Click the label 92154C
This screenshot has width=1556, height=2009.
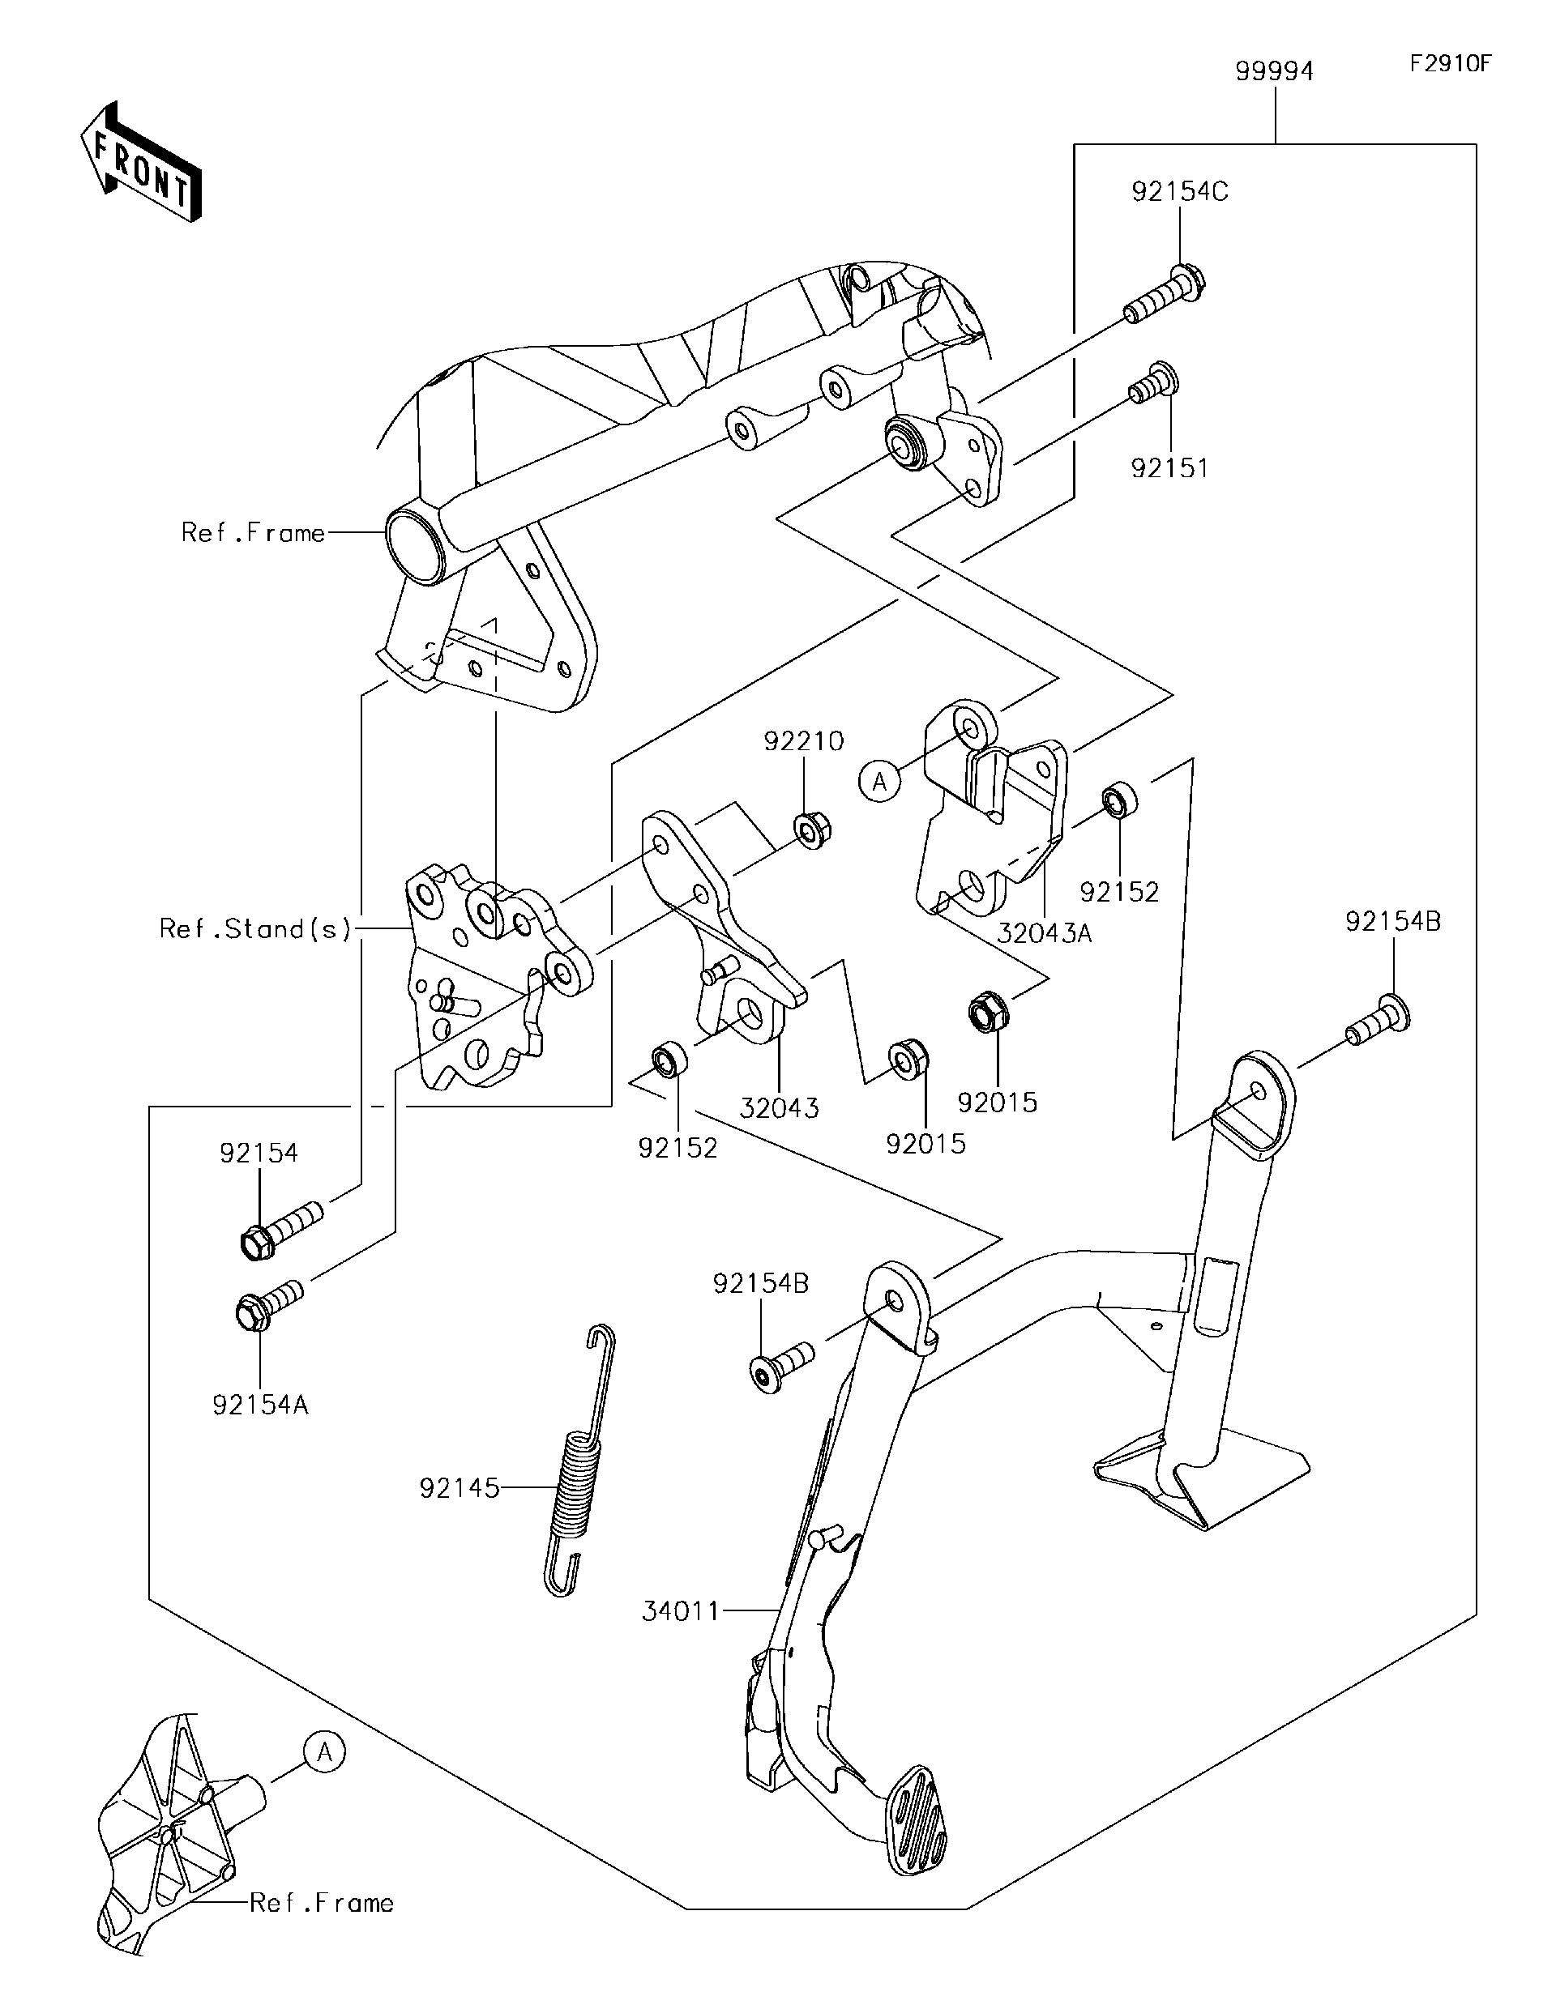pos(1180,192)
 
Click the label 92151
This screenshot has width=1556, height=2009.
pos(1169,468)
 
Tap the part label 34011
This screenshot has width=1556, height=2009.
pos(680,1610)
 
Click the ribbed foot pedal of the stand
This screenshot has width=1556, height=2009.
pos(916,1819)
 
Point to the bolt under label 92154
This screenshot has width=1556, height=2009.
pos(280,1230)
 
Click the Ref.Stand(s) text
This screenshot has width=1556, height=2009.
pos(256,928)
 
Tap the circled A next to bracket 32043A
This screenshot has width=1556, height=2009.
pos(879,782)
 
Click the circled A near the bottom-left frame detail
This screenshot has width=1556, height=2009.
pos(324,1752)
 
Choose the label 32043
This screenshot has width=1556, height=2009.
pos(779,1107)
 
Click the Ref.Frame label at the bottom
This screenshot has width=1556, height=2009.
pos(321,1902)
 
